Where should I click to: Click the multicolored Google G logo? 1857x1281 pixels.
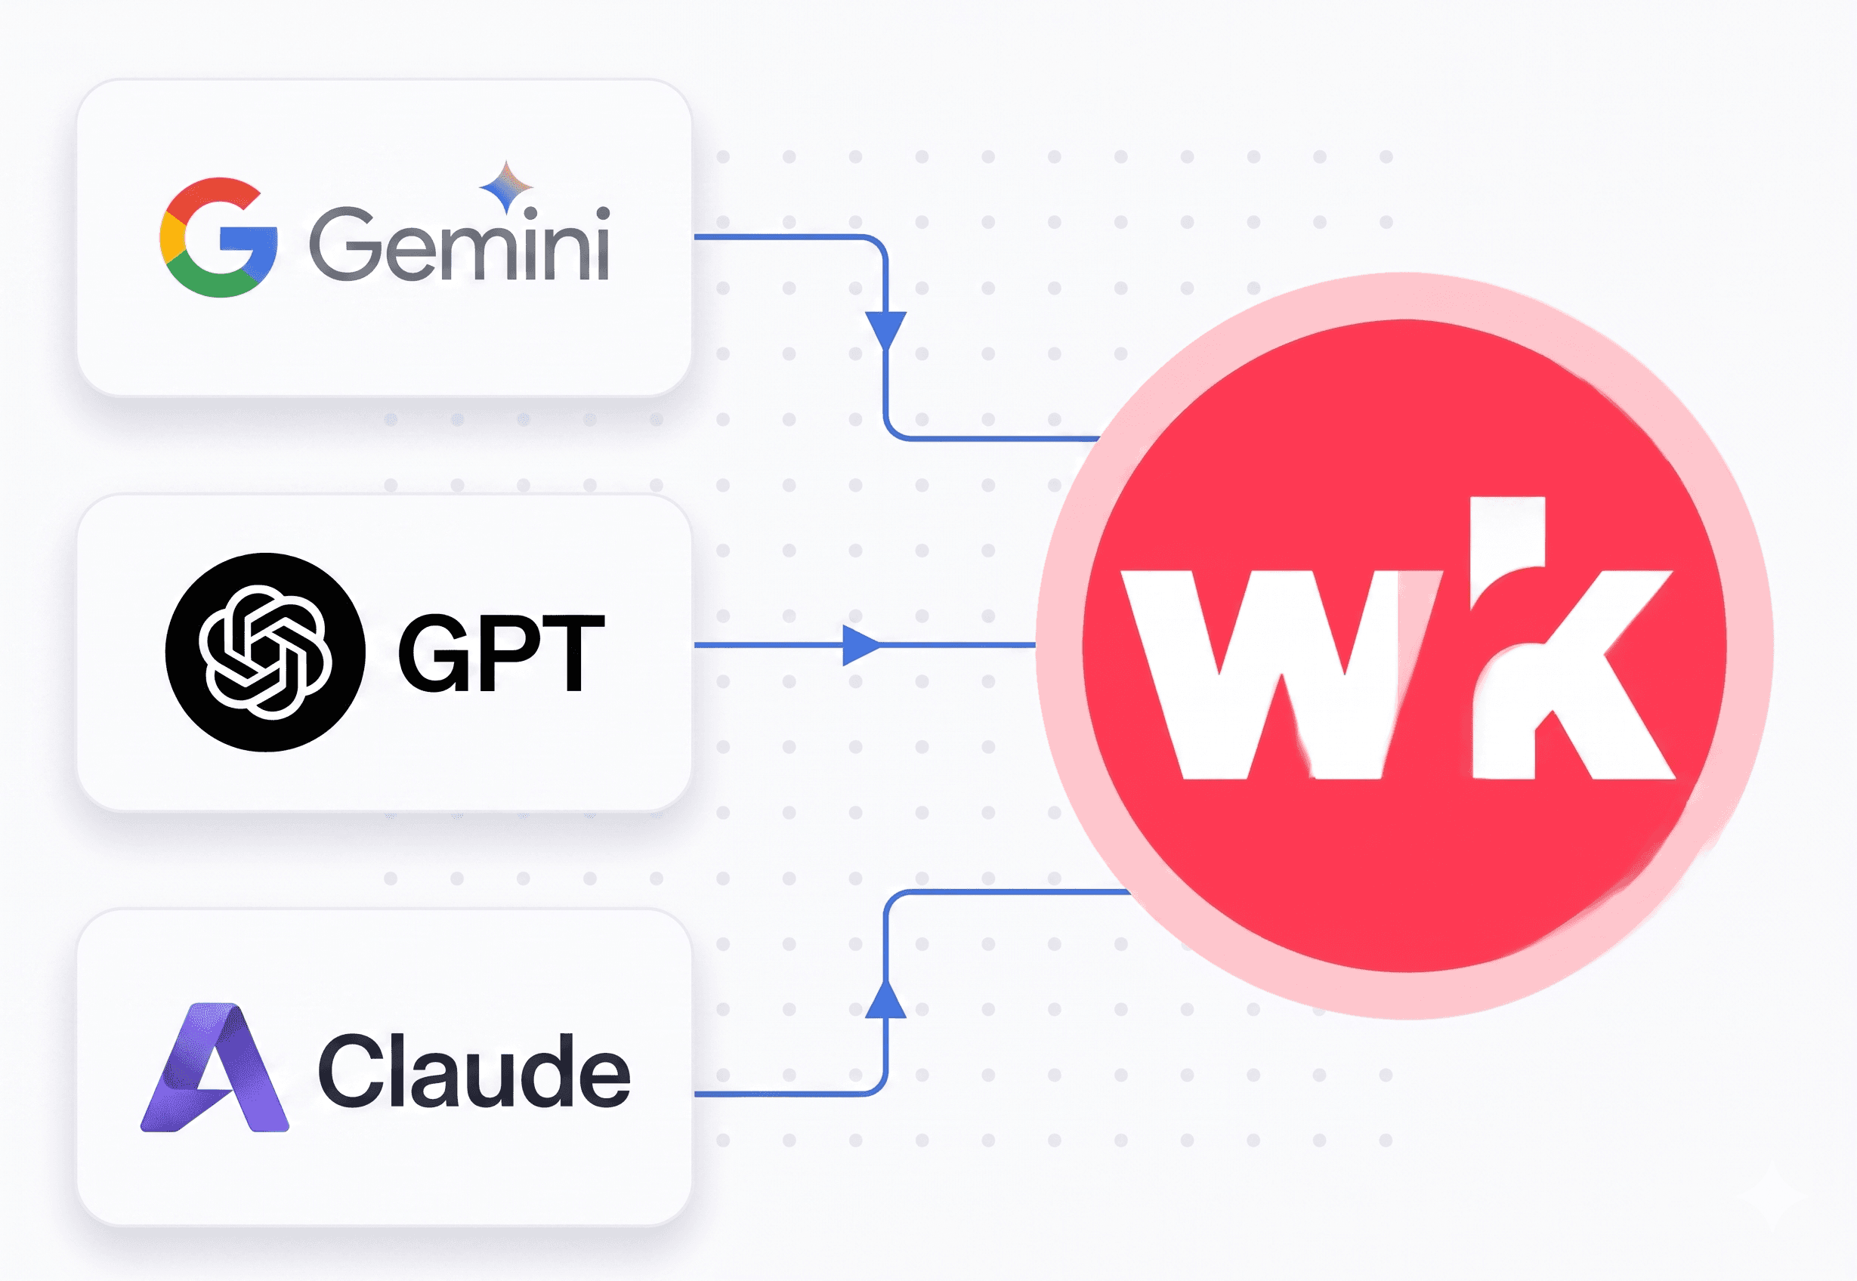tap(218, 238)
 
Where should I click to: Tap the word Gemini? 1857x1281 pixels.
tap(459, 244)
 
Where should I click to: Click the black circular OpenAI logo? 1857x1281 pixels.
tap(265, 652)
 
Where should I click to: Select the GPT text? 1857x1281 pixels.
tap(501, 652)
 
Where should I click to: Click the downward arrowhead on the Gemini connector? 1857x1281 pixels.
tap(885, 329)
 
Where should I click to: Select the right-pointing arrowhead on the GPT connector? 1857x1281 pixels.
tap(860, 645)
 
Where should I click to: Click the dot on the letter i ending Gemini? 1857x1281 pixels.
tap(602, 214)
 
